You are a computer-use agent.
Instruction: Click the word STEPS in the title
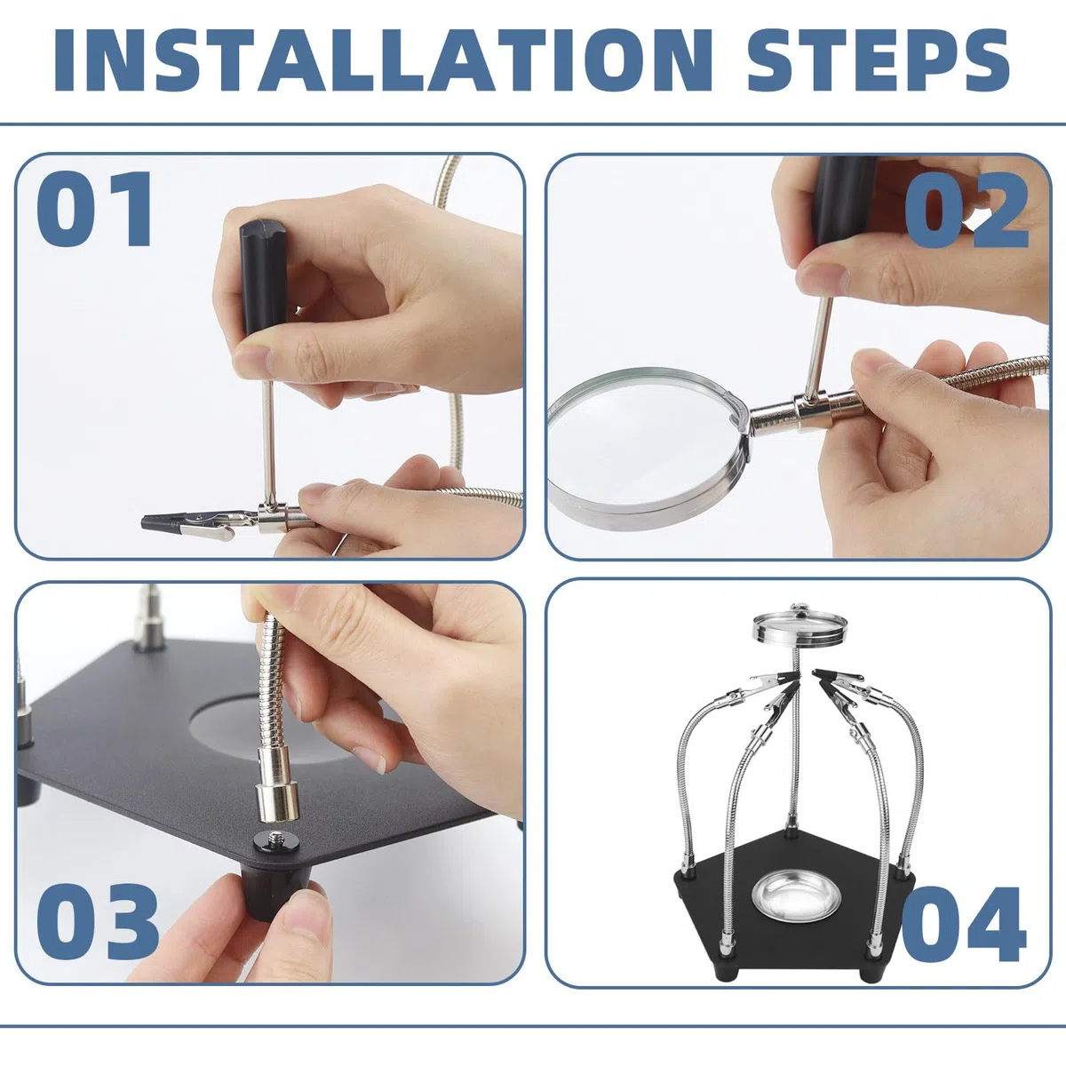pyautogui.click(x=879, y=60)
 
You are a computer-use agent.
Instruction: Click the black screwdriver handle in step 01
pyautogui.click(x=263, y=277)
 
